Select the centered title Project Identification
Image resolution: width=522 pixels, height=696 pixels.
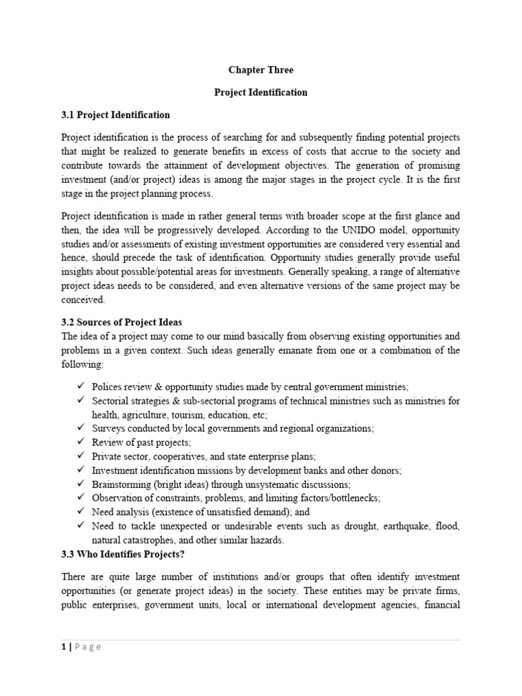(261, 92)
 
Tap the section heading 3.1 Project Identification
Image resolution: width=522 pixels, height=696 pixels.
(115, 115)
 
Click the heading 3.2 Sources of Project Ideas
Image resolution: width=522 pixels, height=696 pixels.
(122, 322)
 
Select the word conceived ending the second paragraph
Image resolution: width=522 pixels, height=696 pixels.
(82, 299)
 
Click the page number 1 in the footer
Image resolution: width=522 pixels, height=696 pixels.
(63, 646)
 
